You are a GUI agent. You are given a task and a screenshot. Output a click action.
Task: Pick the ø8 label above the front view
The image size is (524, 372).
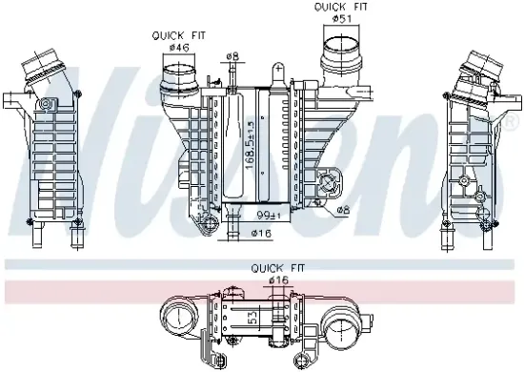(232, 56)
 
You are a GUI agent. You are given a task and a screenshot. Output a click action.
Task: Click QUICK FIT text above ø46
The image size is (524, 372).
(171, 35)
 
